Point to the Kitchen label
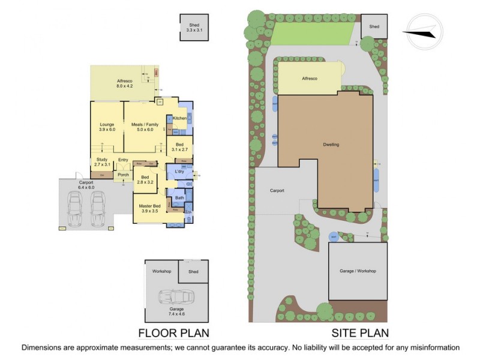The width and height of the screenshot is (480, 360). pos(179,118)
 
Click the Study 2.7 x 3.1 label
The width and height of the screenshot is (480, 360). pos(101,162)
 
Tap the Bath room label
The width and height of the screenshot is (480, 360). pos(179,197)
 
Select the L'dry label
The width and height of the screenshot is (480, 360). pos(179,173)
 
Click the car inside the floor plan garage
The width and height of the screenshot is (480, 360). pos(176,297)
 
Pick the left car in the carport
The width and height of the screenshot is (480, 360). pos(77,210)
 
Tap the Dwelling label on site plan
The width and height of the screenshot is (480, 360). pos(331,145)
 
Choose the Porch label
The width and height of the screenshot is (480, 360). pos(124,175)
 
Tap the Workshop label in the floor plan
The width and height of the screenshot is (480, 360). pos(162,271)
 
